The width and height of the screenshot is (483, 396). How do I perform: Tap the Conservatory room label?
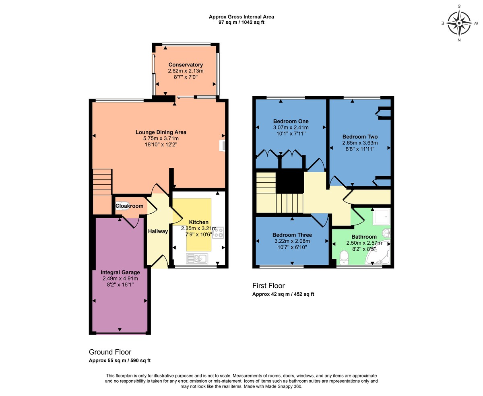click(186, 65)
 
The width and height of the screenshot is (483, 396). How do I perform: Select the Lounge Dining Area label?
click(161, 132)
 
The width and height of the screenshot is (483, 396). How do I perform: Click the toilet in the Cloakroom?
click(120, 206)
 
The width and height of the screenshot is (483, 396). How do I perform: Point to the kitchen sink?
click(197, 258)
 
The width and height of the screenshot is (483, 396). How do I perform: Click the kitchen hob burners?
click(219, 232)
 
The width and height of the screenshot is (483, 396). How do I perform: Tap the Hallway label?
click(158, 231)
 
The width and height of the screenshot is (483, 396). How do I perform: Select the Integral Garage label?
click(120, 272)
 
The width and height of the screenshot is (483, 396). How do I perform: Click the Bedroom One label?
click(291, 121)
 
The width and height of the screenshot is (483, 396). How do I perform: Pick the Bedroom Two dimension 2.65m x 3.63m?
click(360, 143)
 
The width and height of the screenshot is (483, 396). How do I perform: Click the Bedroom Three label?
click(292, 235)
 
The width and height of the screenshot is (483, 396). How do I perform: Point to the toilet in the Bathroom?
click(344, 256)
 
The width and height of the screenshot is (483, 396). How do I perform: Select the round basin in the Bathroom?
click(386, 233)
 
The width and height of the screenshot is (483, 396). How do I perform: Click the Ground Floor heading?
click(110, 352)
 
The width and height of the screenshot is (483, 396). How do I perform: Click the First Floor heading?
click(268, 286)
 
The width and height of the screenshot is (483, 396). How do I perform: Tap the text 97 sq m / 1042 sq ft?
click(241, 23)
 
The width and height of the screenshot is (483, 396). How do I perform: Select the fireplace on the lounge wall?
click(222, 145)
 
